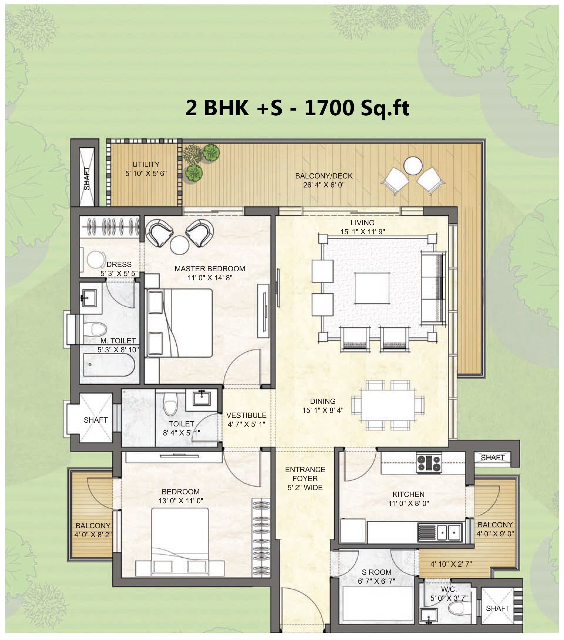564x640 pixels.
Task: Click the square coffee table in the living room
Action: pyautogui.click(x=372, y=288)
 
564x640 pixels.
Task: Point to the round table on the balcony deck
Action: pyautogui.click(x=413, y=166)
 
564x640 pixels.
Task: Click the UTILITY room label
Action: pyautogui.click(x=146, y=164)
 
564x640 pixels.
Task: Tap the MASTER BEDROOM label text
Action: pyautogui.click(x=210, y=269)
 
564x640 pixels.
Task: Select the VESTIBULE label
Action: pyautogui.click(x=246, y=415)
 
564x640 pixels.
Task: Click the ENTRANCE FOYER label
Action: pyautogui.click(x=305, y=474)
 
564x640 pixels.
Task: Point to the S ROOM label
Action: pyautogui.click(x=376, y=572)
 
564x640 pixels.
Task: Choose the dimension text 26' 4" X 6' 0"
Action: pyautogui.click(x=324, y=185)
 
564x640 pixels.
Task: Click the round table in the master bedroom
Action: pyautogui.click(x=180, y=245)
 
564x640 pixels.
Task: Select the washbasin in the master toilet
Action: pyautogui.click(x=88, y=298)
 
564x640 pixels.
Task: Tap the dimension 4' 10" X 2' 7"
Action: pyautogui.click(x=451, y=564)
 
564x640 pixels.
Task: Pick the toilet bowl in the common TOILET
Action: pyautogui.click(x=171, y=404)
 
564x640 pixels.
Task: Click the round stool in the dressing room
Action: pyautogui.click(x=96, y=260)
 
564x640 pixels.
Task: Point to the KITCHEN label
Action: pyautogui.click(x=408, y=494)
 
